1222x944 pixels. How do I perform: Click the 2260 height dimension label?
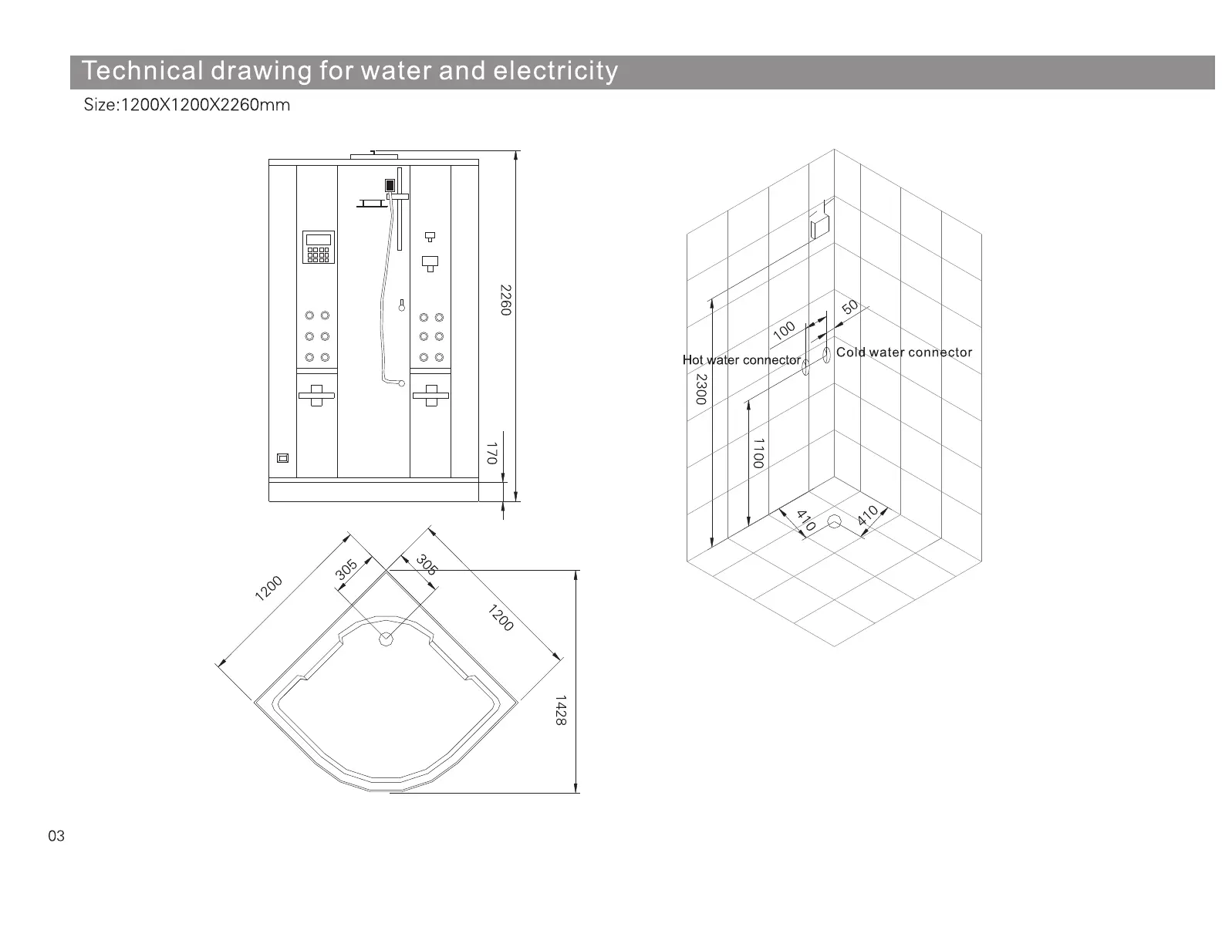coord(505,300)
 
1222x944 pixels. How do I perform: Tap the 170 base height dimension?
coord(491,453)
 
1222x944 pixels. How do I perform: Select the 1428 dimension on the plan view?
coord(561,710)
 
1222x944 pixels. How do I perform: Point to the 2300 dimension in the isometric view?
coord(700,389)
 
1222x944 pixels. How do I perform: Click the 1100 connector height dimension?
coord(758,453)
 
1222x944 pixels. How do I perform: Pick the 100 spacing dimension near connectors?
coord(784,331)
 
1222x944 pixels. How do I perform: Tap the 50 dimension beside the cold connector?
coord(849,307)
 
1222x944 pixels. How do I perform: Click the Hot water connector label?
coord(741,360)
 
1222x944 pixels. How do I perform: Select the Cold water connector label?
coord(904,352)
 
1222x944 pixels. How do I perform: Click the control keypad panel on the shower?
coord(318,246)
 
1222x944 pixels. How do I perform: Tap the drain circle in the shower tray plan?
coord(386,638)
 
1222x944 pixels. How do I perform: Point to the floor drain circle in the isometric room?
coord(833,522)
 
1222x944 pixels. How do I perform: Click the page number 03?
coord(56,836)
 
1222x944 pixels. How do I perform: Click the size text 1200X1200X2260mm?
coord(204,106)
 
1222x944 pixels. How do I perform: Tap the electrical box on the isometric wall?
coord(819,228)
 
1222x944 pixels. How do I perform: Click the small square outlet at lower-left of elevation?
coord(283,459)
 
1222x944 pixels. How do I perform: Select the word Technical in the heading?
coord(142,71)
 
